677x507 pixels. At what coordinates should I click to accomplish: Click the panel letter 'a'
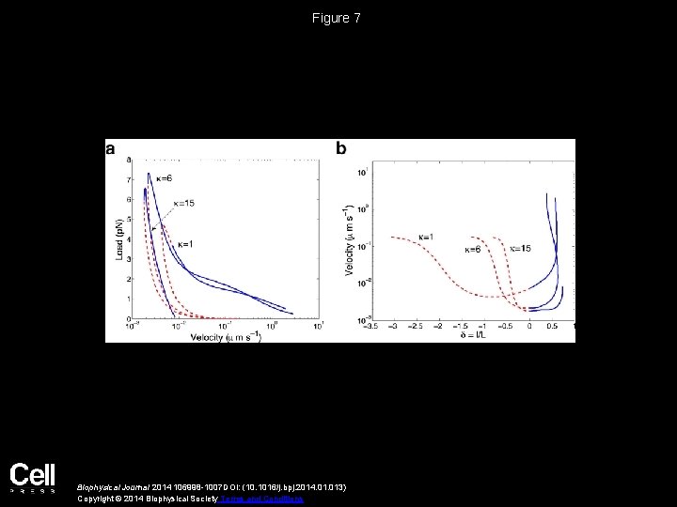click(x=111, y=147)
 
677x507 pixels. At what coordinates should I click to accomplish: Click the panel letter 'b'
click(x=341, y=147)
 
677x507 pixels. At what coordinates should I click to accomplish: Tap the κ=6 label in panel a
click(x=163, y=178)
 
